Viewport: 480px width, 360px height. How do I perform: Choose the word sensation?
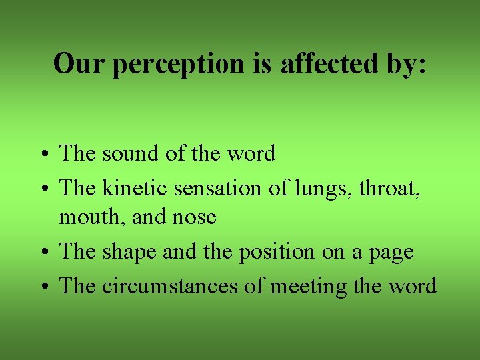(x=219, y=189)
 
